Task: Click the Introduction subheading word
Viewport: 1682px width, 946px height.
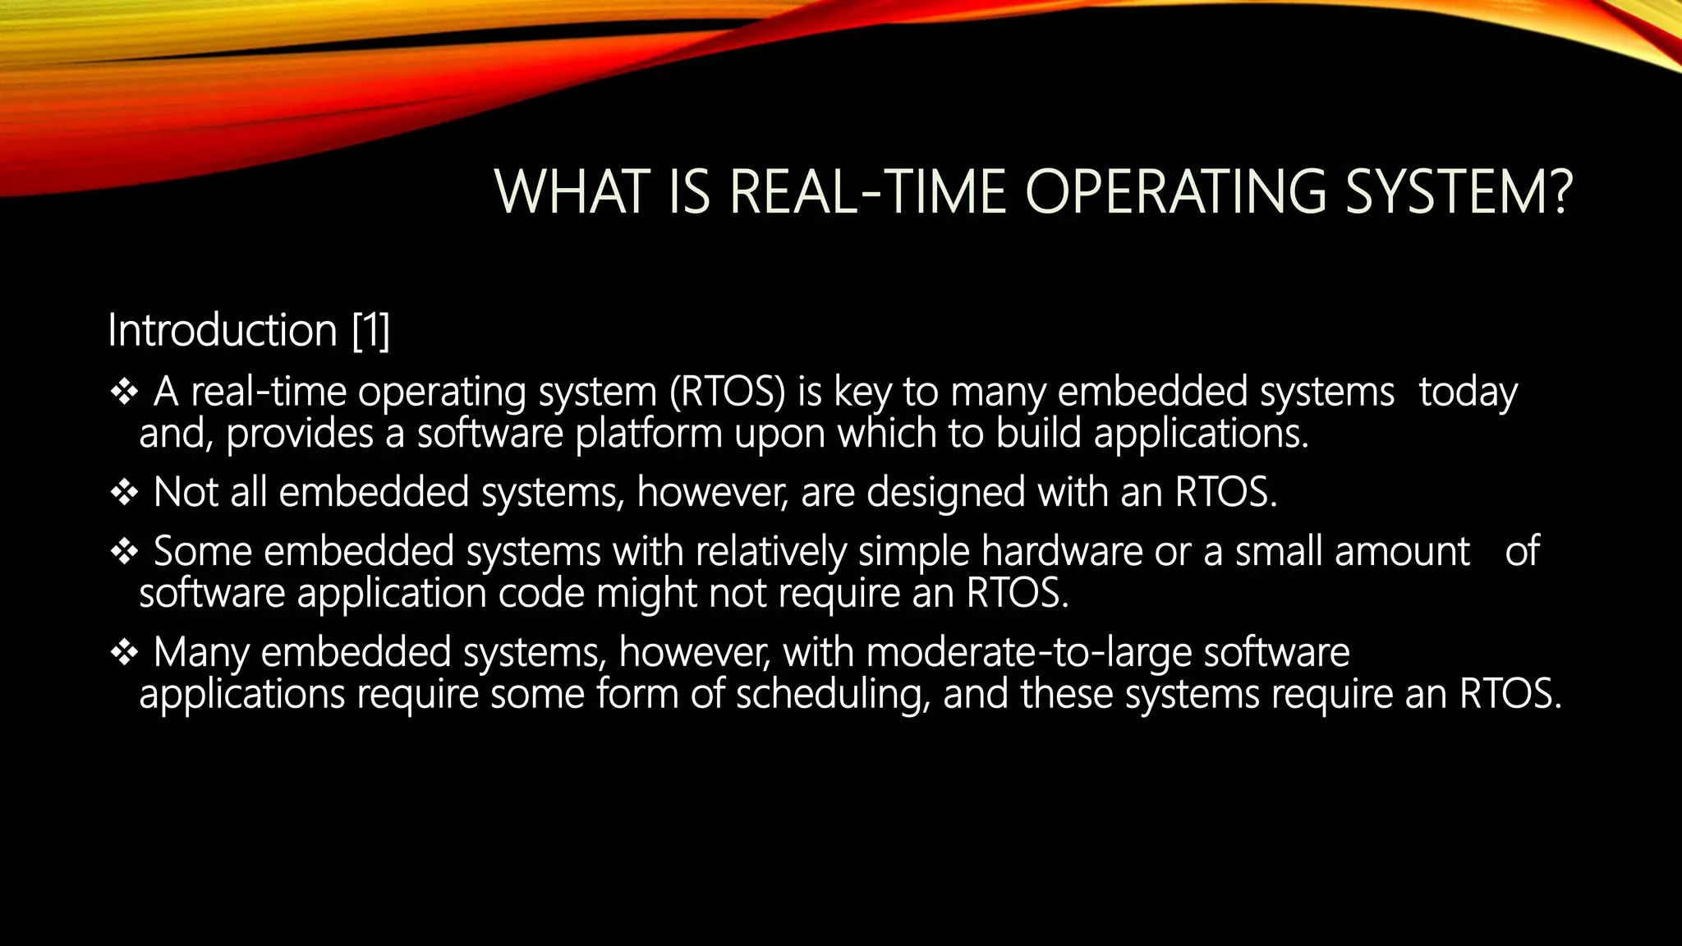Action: (223, 330)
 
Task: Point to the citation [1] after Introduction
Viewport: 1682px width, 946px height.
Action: (370, 330)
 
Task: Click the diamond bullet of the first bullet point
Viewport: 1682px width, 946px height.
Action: (124, 393)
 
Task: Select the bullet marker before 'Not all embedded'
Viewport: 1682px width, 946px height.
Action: (124, 494)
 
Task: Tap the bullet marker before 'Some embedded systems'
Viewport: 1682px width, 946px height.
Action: (124, 552)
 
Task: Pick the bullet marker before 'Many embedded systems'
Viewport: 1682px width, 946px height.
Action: (124, 653)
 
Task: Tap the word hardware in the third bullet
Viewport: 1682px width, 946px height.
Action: (1061, 551)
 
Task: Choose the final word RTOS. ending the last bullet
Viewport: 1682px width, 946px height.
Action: (1510, 694)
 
